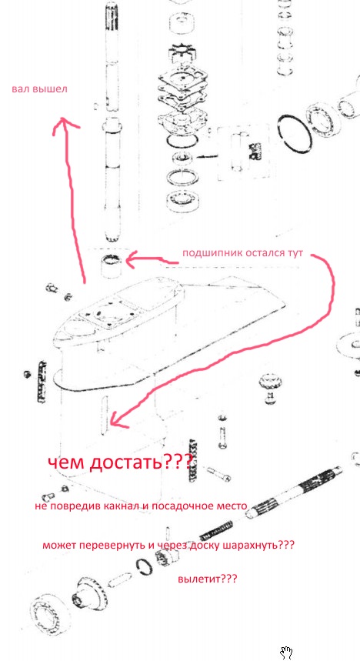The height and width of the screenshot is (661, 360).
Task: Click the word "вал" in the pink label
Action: [20, 89]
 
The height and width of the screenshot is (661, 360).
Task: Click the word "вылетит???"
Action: [208, 579]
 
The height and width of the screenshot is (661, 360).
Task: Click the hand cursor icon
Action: [286, 652]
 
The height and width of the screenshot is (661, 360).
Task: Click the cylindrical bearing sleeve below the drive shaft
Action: [113, 266]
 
